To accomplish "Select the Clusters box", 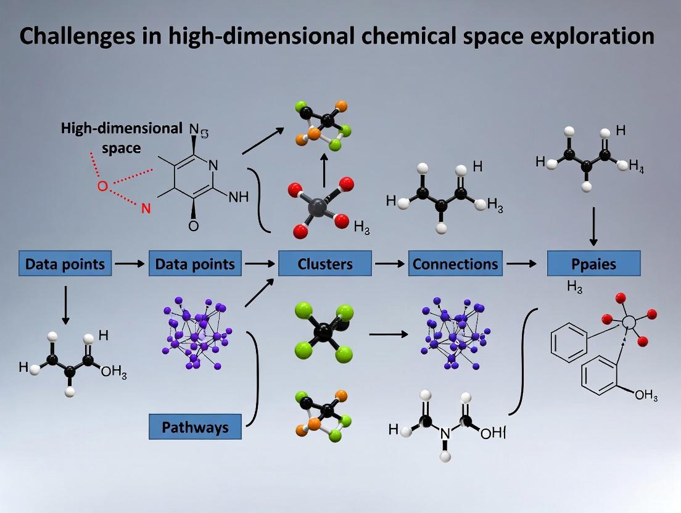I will (325, 264).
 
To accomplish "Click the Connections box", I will (455, 264).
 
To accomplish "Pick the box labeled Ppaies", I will (593, 264).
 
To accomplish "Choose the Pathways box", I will (195, 427).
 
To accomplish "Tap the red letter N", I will (146, 208).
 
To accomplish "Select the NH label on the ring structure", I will (239, 197).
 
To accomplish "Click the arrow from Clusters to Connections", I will (390, 264).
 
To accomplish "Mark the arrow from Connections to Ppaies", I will (521, 264).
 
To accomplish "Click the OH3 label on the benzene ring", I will (646, 395).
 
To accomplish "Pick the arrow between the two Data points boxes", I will (130, 264).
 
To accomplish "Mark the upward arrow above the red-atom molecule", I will (323, 170).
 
